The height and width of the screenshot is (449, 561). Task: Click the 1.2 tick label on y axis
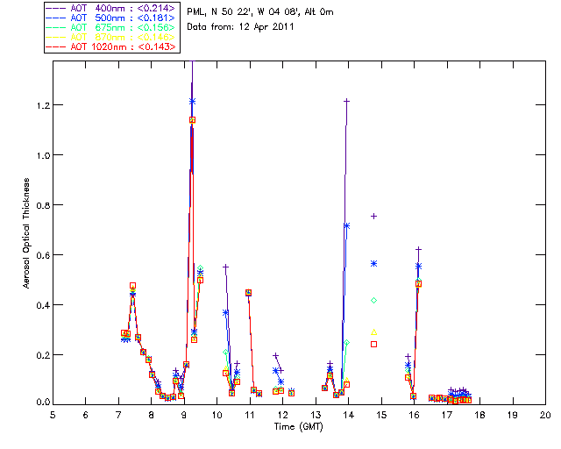coord(40,105)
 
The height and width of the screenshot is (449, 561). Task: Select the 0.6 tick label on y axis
coord(40,255)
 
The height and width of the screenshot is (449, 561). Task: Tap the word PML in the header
coord(196,11)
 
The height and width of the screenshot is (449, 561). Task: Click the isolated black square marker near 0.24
coord(374,345)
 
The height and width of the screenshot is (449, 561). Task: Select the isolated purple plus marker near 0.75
coord(374,216)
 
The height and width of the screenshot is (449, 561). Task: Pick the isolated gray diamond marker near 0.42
coord(374,300)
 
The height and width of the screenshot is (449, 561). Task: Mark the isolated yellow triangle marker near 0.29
coord(374,331)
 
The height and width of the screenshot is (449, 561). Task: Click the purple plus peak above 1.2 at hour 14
coord(347,101)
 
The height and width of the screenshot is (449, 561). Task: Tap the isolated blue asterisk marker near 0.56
coord(374,263)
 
